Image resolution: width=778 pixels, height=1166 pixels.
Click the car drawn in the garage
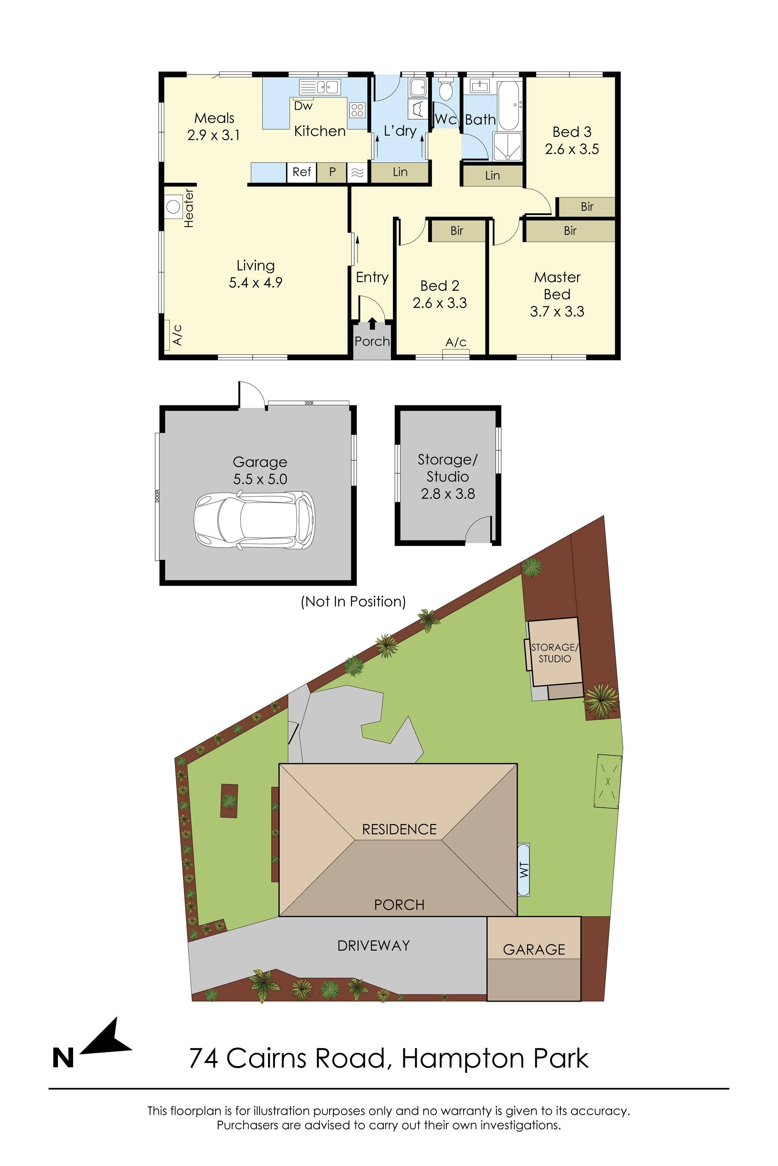click(254, 520)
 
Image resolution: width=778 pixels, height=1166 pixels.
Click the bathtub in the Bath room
click(508, 105)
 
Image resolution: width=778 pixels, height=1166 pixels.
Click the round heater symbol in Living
click(173, 206)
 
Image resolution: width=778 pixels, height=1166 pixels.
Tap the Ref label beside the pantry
click(301, 172)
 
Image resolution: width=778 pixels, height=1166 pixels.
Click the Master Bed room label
click(557, 286)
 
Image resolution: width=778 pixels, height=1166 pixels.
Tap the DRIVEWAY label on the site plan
click(373, 946)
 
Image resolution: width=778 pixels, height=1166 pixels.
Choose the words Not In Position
click(353, 602)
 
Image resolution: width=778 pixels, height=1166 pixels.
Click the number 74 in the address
click(204, 1058)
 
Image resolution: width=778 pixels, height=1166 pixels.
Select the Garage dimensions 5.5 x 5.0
click(260, 479)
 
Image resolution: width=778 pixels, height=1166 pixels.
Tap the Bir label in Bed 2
click(456, 230)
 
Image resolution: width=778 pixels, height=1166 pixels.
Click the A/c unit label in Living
click(177, 335)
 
